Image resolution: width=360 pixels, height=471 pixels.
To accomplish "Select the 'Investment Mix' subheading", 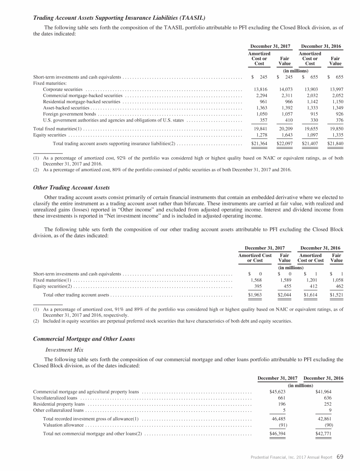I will tap(64, 349).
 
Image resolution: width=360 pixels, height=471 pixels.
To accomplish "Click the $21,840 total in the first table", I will tap(334, 143).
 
